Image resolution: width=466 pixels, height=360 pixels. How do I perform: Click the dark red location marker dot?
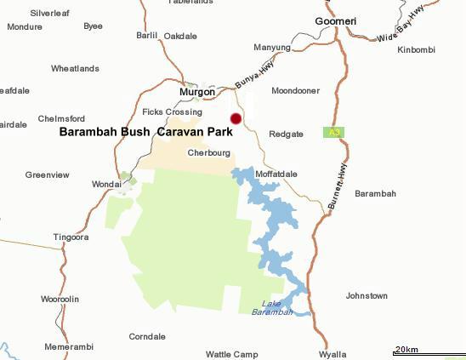pyautogui.click(x=236, y=119)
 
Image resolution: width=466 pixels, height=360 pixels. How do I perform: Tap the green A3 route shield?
pyautogui.click(x=332, y=132)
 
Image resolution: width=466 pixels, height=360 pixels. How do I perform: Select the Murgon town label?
pyautogui.click(x=196, y=92)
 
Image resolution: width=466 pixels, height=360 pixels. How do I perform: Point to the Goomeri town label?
pyautogui.click(x=335, y=20)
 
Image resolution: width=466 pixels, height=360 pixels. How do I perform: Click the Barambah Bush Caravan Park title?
pyautogui.click(x=145, y=133)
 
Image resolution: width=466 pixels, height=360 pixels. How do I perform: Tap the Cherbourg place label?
pyautogui.click(x=209, y=153)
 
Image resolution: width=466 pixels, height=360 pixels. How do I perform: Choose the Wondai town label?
pyautogui.click(x=106, y=184)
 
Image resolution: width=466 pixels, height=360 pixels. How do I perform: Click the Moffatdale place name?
pyautogui.click(x=276, y=174)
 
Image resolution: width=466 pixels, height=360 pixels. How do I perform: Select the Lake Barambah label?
pyautogui.click(x=272, y=308)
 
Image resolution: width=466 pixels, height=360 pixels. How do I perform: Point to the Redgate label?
pyautogui.click(x=286, y=134)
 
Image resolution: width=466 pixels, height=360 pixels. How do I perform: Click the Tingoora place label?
pyautogui.click(x=71, y=237)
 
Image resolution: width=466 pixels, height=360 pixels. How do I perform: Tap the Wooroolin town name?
pyautogui.click(x=60, y=300)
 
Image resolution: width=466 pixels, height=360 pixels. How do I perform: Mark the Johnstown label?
pyautogui.click(x=367, y=296)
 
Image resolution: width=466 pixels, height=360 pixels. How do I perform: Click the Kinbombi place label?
pyautogui.click(x=416, y=50)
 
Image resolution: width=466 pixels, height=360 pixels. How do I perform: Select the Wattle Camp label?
pyautogui.click(x=231, y=354)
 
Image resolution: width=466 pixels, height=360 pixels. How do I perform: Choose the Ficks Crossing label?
pyautogui.click(x=172, y=111)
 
